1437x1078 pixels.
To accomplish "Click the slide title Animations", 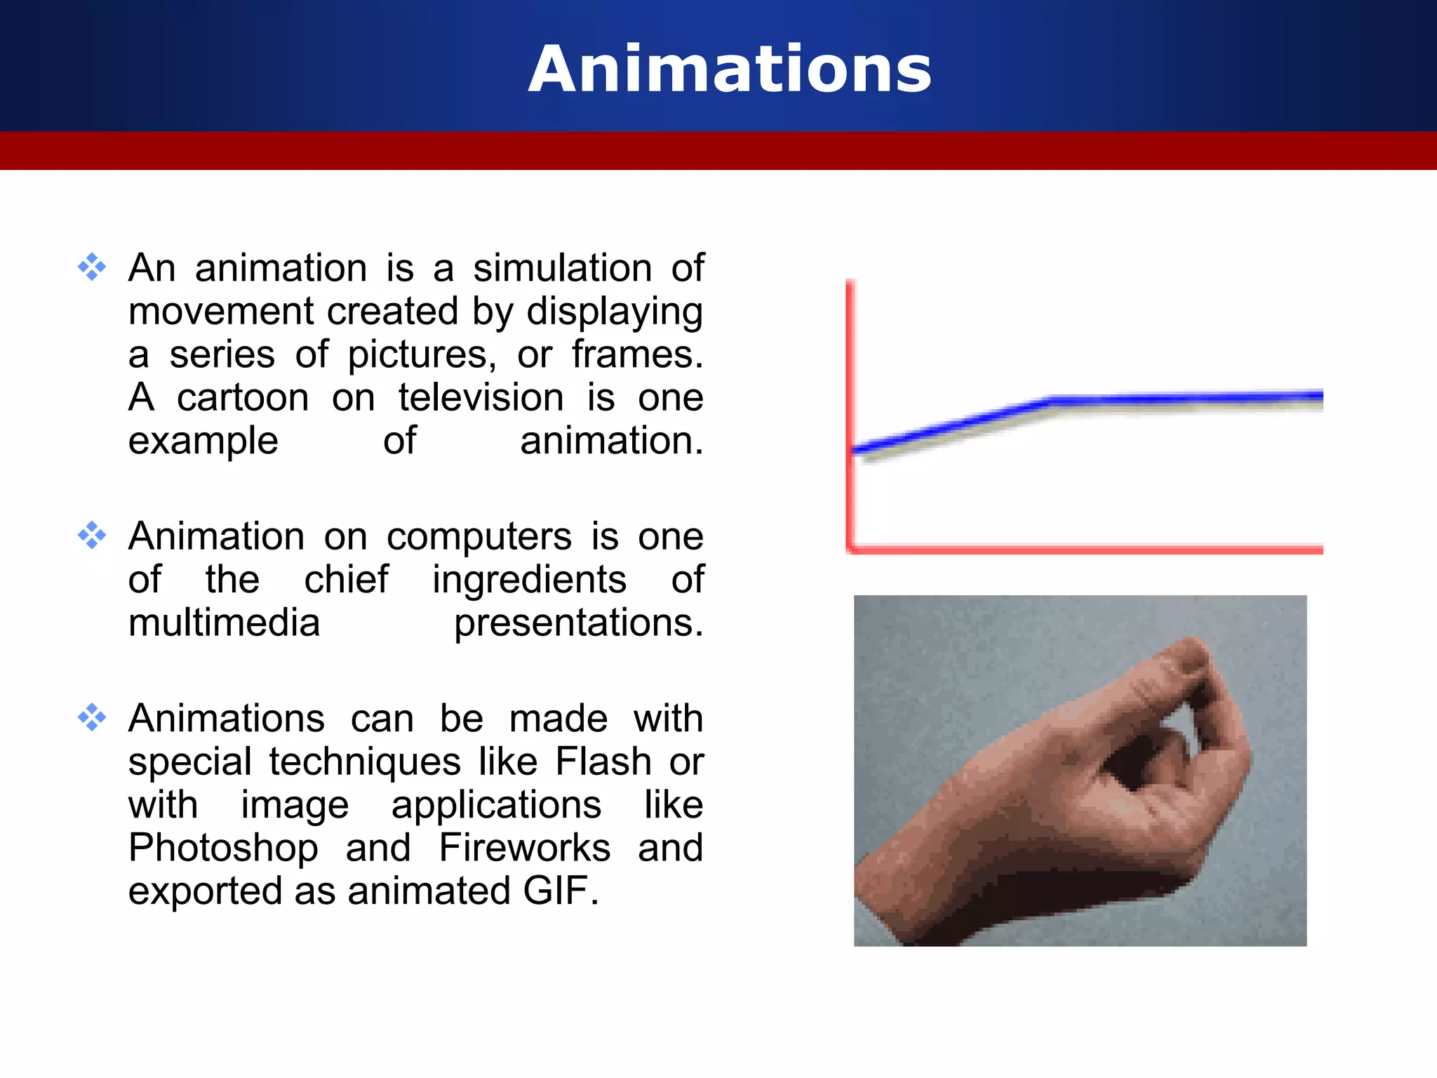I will click(730, 69).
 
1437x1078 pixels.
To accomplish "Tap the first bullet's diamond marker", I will click(92, 267).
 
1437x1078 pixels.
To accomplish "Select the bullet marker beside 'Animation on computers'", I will click(92, 535).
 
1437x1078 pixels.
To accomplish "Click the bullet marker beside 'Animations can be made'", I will click(92, 717).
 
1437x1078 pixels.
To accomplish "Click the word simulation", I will click(562, 268).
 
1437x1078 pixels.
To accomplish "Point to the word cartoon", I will click(243, 398).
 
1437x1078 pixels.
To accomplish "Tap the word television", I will click(481, 398).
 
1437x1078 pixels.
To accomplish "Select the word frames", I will click(636, 354).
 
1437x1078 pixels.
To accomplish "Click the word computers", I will click(479, 537).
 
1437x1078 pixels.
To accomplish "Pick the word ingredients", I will click(529, 580).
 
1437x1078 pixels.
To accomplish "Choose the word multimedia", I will click(224, 623).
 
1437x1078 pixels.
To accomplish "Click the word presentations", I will click(578, 623).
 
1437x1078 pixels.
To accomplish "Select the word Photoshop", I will click(223, 848).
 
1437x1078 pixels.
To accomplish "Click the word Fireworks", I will click(524, 848).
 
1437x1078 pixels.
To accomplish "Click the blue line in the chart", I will click(1186, 399).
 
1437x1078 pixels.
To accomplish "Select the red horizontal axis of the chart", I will click(1088, 549).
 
